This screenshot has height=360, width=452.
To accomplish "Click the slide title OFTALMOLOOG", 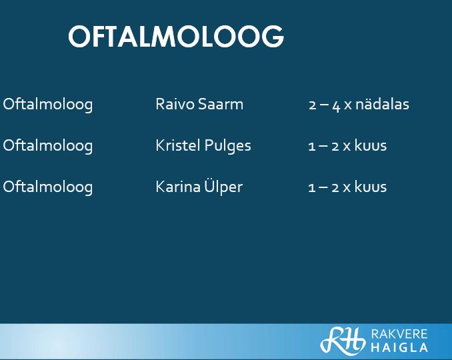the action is (176, 36).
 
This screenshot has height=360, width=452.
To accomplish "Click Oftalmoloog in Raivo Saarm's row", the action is (48, 105).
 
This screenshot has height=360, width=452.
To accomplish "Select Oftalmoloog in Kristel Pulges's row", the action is (48, 146).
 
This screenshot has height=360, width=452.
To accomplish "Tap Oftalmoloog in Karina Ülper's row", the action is (48, 187).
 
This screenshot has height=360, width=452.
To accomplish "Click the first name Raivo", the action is (175, 104).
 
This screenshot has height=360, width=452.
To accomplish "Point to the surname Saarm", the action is (221, 104).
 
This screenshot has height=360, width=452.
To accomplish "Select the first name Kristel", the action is (178, 145).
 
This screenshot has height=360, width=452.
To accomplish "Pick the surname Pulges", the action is (227, 146).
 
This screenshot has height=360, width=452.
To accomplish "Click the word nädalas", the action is (382, 104).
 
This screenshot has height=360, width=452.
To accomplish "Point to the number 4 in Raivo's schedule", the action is (336, 106).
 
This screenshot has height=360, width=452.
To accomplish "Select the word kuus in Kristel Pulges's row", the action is (371, 145).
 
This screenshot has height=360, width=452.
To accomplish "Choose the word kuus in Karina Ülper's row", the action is (371, 187).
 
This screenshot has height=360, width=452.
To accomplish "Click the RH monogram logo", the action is (343, 340).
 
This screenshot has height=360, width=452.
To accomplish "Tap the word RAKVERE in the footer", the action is (399, 334).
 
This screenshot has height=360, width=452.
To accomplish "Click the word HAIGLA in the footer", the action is (399, 347).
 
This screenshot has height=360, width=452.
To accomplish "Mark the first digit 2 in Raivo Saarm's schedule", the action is (313, 105).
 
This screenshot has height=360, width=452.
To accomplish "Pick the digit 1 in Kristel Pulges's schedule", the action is (311, 147).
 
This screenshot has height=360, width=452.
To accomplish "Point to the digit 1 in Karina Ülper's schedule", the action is (311, 188).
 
